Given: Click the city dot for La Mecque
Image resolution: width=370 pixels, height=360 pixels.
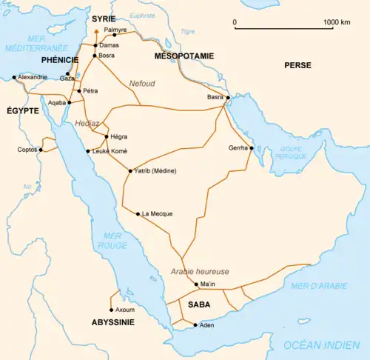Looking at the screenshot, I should pos(138,213).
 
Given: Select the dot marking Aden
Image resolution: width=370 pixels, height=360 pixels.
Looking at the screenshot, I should pos(195,325).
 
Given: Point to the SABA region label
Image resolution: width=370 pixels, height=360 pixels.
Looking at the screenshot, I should pos(198,304).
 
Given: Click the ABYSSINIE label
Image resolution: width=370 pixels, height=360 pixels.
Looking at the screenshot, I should pos(112,322).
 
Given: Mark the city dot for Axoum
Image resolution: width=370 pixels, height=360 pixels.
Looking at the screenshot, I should pos(112,310).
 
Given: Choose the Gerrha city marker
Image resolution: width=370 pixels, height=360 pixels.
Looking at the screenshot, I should pos(252,148).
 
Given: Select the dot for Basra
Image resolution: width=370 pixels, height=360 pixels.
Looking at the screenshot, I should pos(228,98).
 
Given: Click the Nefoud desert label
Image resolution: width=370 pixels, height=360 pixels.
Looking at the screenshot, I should pos(143,83).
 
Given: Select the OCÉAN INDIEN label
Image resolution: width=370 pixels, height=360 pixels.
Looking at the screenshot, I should pos(316,344).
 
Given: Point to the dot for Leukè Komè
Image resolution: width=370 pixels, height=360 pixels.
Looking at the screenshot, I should pos(88,151).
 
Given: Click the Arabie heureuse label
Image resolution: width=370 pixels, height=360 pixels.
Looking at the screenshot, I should pos(200,271).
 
